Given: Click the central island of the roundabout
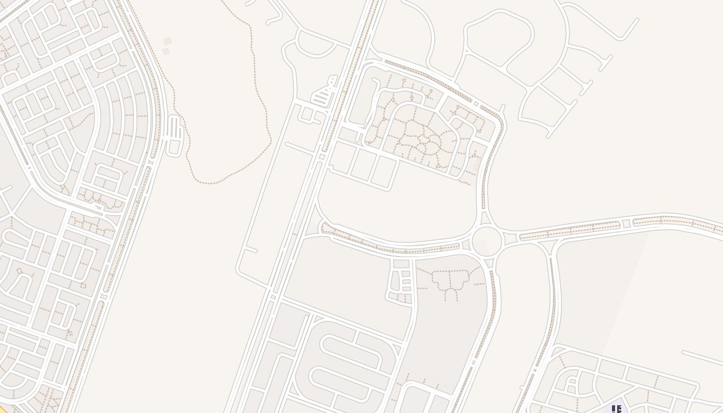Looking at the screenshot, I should point(486,242).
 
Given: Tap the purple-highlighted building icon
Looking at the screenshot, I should point(616,409).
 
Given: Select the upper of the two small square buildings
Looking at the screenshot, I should point(167,41).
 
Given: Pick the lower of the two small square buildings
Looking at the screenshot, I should point(166,52).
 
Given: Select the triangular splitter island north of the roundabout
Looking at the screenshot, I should point(484,219).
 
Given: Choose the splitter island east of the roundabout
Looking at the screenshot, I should point(511,239).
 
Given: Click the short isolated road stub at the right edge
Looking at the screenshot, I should point(702,357).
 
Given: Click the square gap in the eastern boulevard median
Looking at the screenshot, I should point(626,223).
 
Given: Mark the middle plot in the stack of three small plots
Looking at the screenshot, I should point(406,282).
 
